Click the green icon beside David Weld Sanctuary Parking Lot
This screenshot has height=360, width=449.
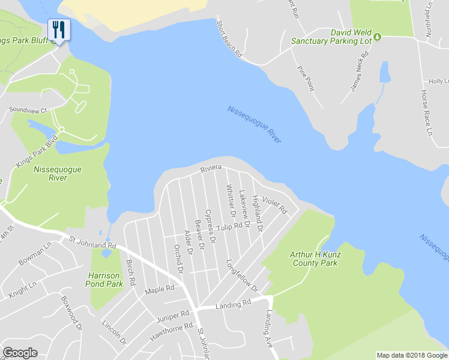377,37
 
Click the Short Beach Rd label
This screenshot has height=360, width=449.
229,37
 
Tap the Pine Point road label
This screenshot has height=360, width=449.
306,78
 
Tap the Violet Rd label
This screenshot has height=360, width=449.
276,206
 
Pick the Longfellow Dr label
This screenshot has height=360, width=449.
242,276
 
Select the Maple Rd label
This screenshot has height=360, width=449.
160,290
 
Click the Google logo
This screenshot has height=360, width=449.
20,353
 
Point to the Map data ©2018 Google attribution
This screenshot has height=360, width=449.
411,355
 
